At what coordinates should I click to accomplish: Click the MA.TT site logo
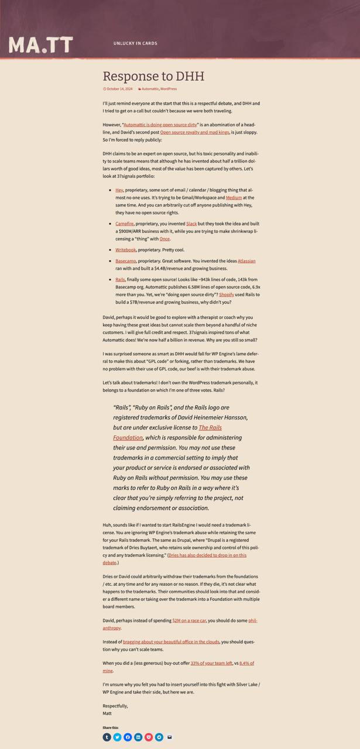pyautogui.click(x=41, y=44)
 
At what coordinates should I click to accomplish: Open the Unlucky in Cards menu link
pyautogui.click(x=135, y=43)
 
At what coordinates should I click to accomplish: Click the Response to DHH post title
pyautogui.click(x=153, y=76)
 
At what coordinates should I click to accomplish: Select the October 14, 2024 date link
pyautogui.click(x=119, y=89)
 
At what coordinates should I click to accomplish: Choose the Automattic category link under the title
pyautogui.click(x=150, y=89)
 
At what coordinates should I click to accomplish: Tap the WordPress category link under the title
pyautogui.click(x=169, y=89)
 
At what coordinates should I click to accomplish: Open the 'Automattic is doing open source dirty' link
pyautogui.click(x=160, y=125)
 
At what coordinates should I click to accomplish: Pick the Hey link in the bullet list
pyautogui.click(x=119, y=190)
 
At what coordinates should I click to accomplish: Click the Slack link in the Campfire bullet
pyautogui.click(x=191, y=224)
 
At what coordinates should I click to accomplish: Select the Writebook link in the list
pyautogui.click(x=125, y=250)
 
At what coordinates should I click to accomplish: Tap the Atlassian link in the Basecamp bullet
pyautogui.click(x=246, y=261)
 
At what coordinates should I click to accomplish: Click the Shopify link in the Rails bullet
pyautogui.click(x=227, y=295)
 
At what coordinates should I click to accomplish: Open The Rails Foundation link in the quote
pyautogui.click(x=210, y=428)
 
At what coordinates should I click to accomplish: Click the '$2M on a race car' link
pyautogui.click(x=189, y=620)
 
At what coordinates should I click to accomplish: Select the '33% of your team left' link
pyautogui.click(x=211, y=663)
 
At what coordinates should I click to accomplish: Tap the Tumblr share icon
pyautogui.click(x=107, y=737)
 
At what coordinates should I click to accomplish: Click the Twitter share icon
pyautogui.click(x=117, y=737)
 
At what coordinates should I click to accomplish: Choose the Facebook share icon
pyautogui.click(x=128, y=737)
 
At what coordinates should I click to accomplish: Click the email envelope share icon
pyautogui.click(x=170, y=737)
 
